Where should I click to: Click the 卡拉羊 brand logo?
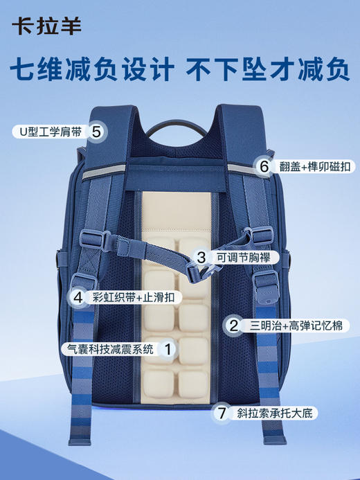46,26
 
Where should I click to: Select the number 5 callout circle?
97,130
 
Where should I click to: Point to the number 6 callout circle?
263,166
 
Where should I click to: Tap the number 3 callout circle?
201,258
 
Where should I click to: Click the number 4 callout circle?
78,297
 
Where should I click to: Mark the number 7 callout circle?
222,413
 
